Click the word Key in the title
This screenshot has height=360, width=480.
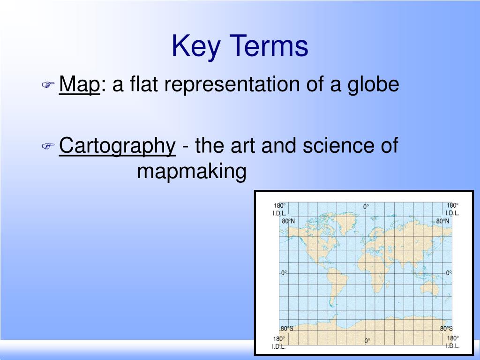point(197,47)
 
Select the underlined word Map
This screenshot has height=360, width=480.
point(80,85)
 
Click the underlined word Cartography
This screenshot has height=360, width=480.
point(117,146)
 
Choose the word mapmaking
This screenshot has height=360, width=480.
point(192,172)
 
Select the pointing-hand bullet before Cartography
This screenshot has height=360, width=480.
point(48,147)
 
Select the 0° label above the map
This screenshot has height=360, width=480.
point(366,207)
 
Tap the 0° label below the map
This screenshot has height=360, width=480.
point(367,341)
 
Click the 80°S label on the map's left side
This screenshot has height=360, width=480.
point(287,328)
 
